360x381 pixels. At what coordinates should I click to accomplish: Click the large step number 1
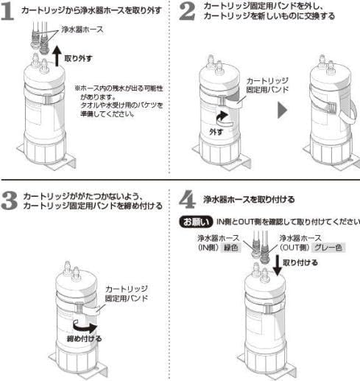10,13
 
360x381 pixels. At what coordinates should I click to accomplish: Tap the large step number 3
11,201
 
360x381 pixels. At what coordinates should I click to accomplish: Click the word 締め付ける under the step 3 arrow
82,339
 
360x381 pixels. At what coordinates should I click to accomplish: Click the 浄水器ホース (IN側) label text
211,242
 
